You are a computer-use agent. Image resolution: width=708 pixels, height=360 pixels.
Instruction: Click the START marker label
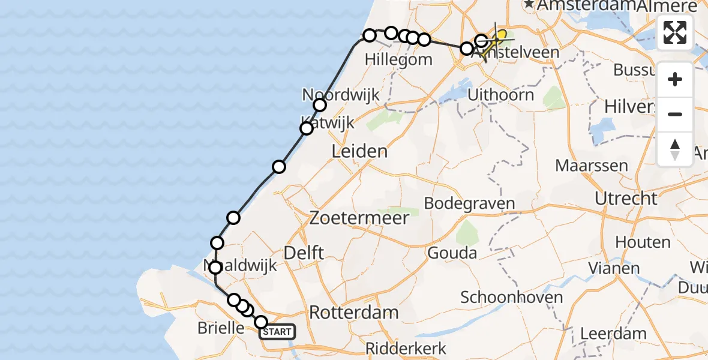coord(277,332)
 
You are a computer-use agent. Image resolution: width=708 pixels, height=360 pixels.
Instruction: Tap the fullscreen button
coord(675,32)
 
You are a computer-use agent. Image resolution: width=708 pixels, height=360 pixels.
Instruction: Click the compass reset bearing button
coord(675,149)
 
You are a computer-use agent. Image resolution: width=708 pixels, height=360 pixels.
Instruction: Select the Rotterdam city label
coord(354,312)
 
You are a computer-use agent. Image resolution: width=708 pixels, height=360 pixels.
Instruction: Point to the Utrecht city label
coord(626,199)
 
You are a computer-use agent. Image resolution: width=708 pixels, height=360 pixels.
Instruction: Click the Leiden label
coord(360,151)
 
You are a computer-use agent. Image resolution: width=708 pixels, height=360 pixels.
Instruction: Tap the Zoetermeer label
coord(359,218)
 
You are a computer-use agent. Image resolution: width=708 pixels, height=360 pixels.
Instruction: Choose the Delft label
coord(305,253)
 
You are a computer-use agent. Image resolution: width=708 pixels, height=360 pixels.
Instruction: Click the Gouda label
coord(452,253)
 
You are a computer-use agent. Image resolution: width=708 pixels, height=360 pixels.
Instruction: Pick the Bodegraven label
coord(469,203)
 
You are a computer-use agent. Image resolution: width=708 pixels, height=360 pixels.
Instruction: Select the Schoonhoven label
coord(512,297)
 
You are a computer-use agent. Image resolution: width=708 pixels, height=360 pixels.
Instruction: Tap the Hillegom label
coord(398,59)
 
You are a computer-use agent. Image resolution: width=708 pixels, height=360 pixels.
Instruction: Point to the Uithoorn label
coord(500,95)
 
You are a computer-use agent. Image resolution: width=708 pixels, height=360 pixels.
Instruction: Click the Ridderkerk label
coord(406,349)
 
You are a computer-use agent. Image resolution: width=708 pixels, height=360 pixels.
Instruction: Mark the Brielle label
coord(220,328)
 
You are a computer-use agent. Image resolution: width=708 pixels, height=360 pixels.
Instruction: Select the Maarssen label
coord(592,166)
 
